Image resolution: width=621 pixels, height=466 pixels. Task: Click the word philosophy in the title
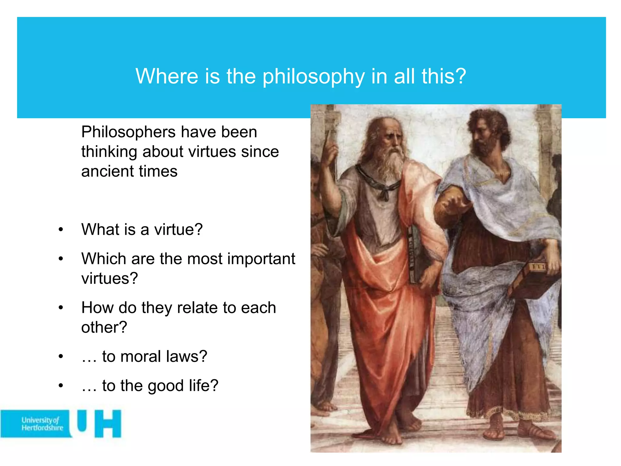[x=314, y=76]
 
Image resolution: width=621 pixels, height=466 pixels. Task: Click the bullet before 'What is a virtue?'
[x=61, y=230]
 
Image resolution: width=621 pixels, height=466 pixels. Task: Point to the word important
[x=261, y=259]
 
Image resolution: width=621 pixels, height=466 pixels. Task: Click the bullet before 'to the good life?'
[x=61, y=386]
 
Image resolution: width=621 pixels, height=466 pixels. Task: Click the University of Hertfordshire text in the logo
[x=42, y=424]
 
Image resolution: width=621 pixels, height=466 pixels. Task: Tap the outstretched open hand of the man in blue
[x=455, y=205]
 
